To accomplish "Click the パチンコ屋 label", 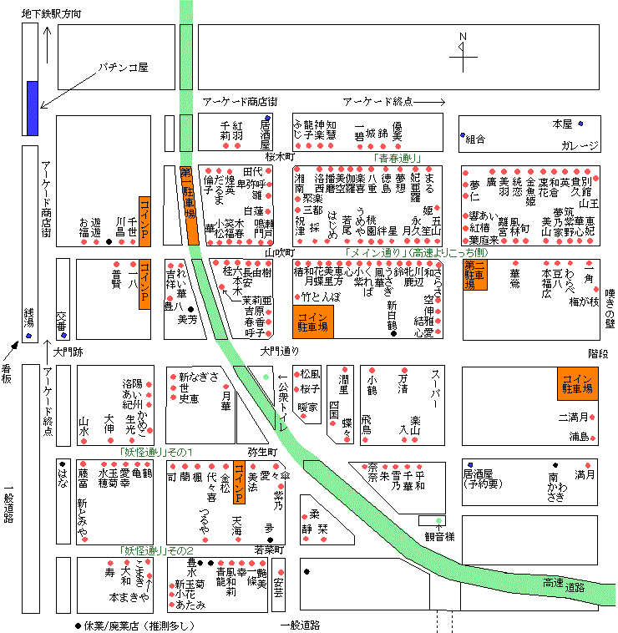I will point(124,66).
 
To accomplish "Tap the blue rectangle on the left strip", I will point(32,108).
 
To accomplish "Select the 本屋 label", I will point(563,124).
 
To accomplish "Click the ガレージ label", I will point(580,145).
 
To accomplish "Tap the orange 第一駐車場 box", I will point(186,190).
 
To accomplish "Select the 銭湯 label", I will point(29,318).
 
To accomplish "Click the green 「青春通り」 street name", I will point(398,158).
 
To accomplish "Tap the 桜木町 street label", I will point(281,156).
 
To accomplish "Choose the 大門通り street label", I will point(279,351).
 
